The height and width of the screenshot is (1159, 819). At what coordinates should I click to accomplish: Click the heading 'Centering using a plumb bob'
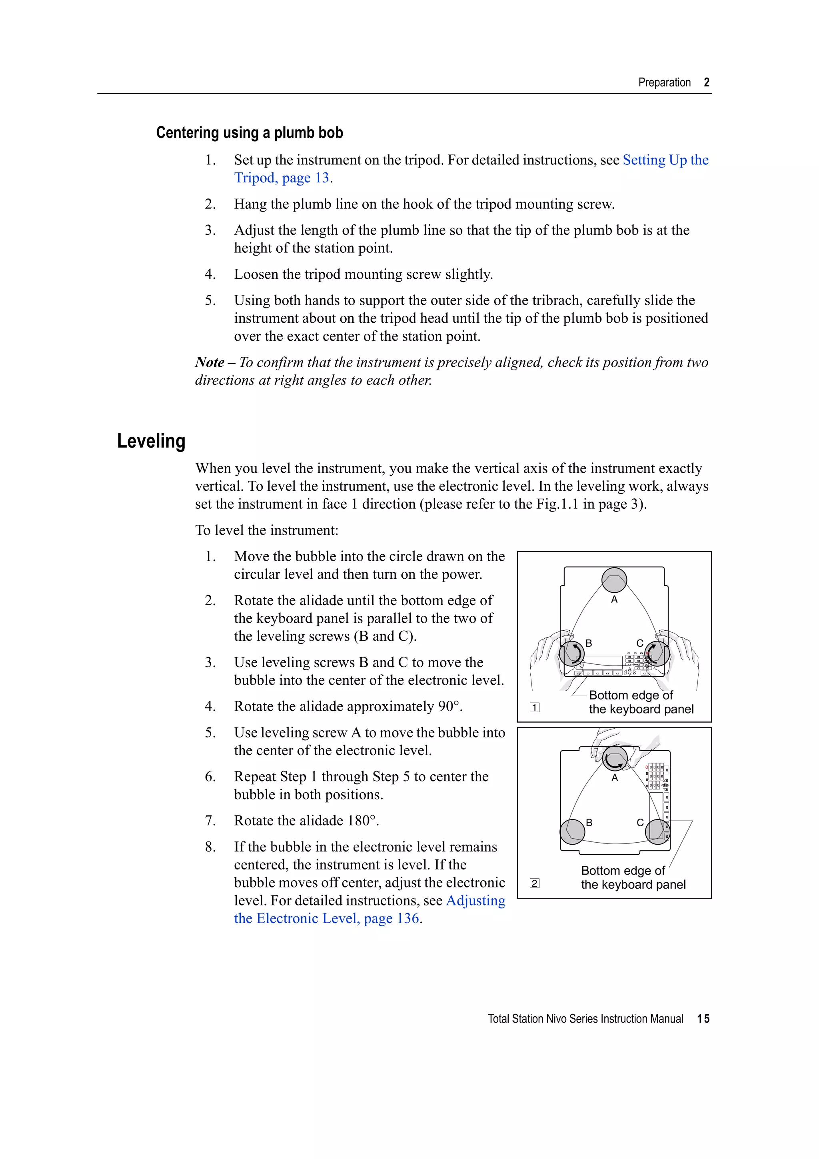click(249, 133)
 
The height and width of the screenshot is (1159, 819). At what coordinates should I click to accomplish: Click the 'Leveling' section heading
click(152, 441)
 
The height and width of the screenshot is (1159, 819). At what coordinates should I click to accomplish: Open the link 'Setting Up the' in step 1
click(665, 160)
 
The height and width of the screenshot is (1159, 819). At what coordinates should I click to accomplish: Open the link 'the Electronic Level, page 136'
click(326, 918)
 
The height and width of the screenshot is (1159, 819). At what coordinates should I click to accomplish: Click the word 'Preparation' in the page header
click(664, 83)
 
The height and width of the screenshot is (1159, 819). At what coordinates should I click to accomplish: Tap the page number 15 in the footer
click(703, 1019)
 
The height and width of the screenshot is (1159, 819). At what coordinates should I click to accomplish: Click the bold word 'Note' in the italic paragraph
click(210, 362)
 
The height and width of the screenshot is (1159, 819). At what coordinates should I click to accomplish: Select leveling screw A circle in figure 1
click(614, 580)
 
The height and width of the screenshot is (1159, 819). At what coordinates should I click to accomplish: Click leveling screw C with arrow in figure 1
click(657, 654)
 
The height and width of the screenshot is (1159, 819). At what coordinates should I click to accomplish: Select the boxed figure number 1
click(534, 708)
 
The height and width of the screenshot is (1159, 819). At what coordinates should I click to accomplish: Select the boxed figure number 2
click(534, 883)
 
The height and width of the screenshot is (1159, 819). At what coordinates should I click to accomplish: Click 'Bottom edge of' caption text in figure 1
click(631, 695)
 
